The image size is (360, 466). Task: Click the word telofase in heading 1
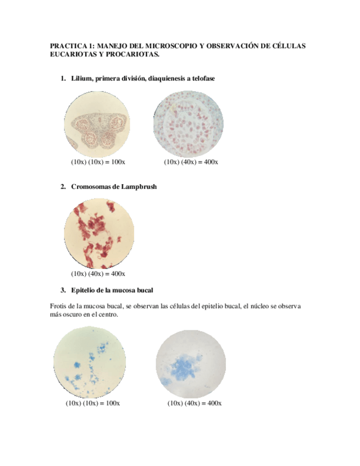[x=201, y=79]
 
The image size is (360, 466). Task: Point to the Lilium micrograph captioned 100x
[x=98, y=124]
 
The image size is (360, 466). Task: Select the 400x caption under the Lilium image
[x=191, y=162]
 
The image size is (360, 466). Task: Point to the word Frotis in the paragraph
[x=58, y=306]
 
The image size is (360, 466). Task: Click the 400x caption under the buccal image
[x=195, y=403]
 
